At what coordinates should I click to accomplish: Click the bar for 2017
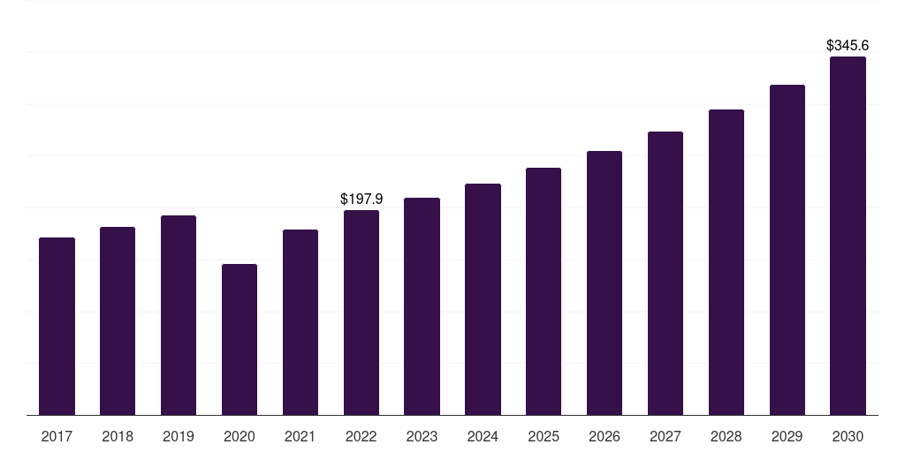tap(57, 327)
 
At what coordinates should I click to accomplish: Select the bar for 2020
tap(240, 340)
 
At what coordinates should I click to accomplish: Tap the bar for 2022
tap(361, 313)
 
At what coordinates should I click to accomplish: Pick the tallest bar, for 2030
tap(848, 236)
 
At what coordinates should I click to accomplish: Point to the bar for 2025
tap(544, 291)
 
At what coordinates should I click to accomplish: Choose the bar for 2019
tap(179, 315)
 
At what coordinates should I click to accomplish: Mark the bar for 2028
tap(726, 262)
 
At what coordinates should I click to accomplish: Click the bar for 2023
tap(422, 306)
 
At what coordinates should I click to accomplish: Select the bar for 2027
tap(665, 274)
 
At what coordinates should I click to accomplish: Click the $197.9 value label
tap(361, 199)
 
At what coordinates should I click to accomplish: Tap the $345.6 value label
tap(848, 46)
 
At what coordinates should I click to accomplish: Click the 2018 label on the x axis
tap(118, 436)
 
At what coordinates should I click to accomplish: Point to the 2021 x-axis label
tap(300, 436)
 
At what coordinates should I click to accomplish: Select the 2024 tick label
tap(483, 436)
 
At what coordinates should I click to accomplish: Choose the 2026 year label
tap(605, 436)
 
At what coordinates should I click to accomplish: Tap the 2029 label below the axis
tap(787, 436)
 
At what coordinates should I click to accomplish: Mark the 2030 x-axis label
tap(848, 436)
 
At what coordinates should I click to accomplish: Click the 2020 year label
tap(240, 436)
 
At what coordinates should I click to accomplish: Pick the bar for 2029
tap(787, 250)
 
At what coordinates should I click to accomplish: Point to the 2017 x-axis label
tap(57, 436)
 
